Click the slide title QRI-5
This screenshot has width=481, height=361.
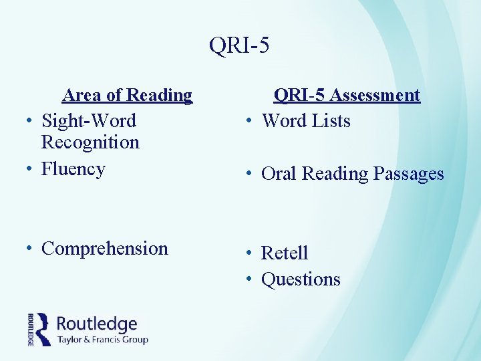tap(239, 45)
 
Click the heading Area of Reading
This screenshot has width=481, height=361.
tap(127, 96)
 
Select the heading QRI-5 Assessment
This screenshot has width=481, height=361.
tap(347, 96)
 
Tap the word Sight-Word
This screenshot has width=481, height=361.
tap(88, 121)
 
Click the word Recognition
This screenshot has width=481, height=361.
tap(90, 142)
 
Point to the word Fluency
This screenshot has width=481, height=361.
tap(73, 169)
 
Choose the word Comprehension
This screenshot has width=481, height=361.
tap(104, 249)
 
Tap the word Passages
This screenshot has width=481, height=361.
tap(408, 174)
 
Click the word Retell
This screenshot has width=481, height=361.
tap(285, 253)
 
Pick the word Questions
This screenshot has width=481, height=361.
tap(301, 279)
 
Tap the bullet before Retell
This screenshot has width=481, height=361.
tap(249, 254)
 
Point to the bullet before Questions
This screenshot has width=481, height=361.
tap(249, 280)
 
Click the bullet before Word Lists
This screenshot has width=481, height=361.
tap(249, 122)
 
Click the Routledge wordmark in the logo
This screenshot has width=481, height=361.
tap(97, 324)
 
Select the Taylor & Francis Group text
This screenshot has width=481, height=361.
tap(102, 340)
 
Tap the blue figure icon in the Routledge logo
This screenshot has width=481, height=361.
tap(43, 328)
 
